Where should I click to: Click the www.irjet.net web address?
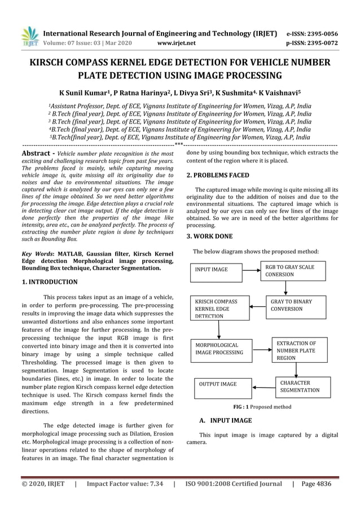[x=177, y=42]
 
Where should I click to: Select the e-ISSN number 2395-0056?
[x=319, y=33]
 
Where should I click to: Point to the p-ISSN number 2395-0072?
[x=319, y=42]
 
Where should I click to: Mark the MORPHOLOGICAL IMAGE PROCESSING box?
[x=220, y=348]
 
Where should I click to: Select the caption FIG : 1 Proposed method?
[x=262, y=406]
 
